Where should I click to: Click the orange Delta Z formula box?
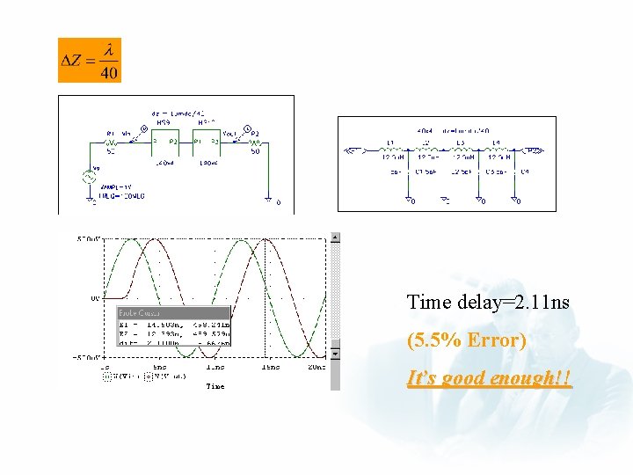pos(90,61)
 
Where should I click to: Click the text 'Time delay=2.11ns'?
pos(488,303)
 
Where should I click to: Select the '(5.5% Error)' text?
pos(466,340)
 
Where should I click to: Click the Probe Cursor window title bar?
pos(173,312)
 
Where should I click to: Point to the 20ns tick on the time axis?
pos(316,367)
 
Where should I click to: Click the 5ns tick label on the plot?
pos(159,367)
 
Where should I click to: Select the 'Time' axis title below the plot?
pos(215,385)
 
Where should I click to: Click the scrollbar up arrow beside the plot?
pos(334,237)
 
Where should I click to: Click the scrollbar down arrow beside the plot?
pos(334,354)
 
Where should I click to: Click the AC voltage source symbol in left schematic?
pos(89,177)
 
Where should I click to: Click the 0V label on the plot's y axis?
pos(95,297)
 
